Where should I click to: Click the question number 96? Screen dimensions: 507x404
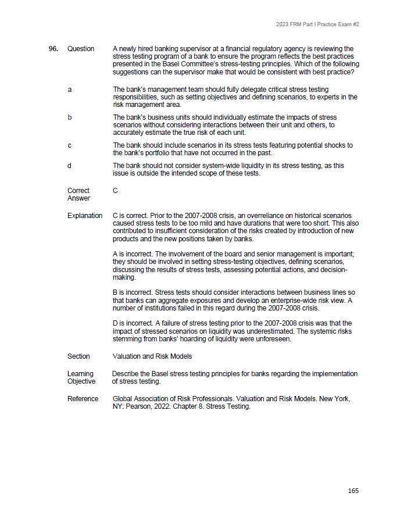[x=53, y=49]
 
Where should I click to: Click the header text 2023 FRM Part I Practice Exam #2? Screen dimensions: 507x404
[x=317, y=24]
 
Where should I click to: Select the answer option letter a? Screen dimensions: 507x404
[x=70, y=90]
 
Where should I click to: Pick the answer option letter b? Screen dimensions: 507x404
[x=70, y=117]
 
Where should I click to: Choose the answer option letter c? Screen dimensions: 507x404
[x=70, y=145]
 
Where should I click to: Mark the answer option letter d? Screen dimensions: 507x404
[x=70, y=166]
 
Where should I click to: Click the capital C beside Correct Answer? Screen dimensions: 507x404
[x=115, y=191]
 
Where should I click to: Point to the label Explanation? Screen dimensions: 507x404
[x=85, y=216]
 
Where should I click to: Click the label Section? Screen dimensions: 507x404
[x=78, y=356]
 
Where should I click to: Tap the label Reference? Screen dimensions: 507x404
[x=83, y=399]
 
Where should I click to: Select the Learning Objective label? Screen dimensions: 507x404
[x=81, y=377]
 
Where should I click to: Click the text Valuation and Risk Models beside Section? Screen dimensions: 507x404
[x=152, y=356]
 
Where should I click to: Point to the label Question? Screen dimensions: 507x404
[x=81, y=49]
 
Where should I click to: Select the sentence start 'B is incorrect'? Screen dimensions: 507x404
[x=132, y=292]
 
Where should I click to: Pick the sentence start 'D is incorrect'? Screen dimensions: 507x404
[x=132, y=323]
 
